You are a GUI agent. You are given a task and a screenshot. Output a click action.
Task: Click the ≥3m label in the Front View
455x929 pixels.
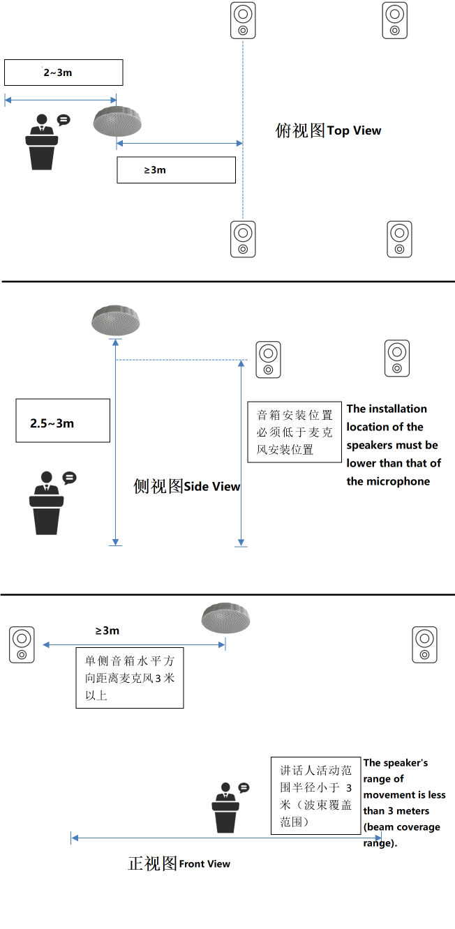click(107, 630)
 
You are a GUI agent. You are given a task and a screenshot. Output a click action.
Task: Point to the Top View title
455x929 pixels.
click(328, 130)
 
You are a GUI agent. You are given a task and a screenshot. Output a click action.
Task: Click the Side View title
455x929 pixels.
click(186, 486)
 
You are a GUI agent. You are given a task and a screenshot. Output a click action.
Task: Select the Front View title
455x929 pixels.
click(179, 863)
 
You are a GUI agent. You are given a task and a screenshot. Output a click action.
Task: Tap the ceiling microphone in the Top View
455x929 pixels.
click(117, 122)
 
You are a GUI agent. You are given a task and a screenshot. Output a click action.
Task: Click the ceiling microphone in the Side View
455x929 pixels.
click(116, 319)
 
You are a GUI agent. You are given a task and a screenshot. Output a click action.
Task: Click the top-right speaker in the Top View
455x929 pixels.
click(395, 20)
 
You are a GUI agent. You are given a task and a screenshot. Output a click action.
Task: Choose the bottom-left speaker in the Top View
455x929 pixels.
click(243, 239)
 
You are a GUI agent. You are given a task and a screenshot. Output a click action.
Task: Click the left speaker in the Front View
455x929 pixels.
click(22, 644)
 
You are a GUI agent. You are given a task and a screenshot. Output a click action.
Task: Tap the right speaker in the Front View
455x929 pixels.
click(424, 644)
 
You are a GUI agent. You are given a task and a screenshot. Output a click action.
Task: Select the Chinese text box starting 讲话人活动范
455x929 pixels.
click(315, 795)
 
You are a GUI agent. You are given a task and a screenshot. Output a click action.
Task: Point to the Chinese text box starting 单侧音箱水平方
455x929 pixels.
click(129, 677)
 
